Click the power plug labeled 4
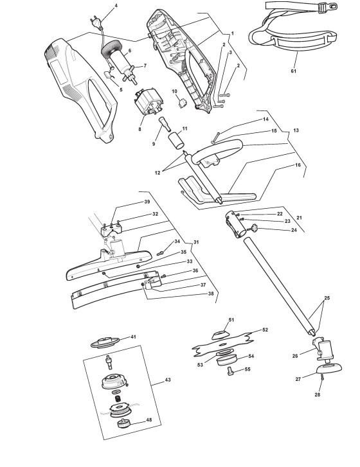96,23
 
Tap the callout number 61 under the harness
294,71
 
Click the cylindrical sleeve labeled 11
177,141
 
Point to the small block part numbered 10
182,103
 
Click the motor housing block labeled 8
147,102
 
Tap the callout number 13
296,130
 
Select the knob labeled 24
254,228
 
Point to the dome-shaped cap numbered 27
328,368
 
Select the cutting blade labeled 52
224,344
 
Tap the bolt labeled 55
230,371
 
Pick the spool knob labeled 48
122,423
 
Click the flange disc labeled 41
105,342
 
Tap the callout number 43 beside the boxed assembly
168,380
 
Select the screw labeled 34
160,253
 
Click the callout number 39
147,202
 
